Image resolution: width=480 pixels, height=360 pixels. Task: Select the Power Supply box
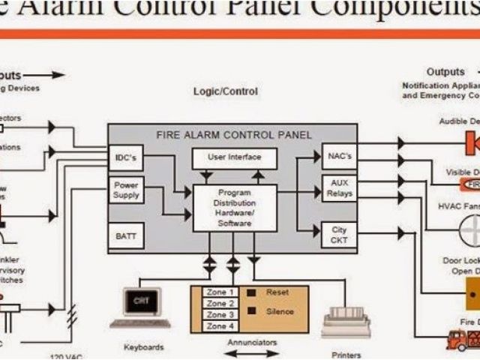click(x=127, y=190)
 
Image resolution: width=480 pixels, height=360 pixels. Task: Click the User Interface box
click(x=235, y=157)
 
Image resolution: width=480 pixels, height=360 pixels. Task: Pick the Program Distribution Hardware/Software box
click(x=235, y=208)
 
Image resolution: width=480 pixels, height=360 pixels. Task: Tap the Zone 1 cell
click(x=221, y=292)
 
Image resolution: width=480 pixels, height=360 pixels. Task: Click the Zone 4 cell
click(x=221, y=326)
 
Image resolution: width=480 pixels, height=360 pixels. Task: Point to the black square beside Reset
click(x=252, y=292)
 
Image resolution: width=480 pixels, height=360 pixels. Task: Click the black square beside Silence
click(x=252, y=310)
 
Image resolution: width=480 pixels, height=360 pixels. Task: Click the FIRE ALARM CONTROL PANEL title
click(x=233, y=135)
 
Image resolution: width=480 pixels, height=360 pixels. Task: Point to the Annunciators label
click(x=251, y=343)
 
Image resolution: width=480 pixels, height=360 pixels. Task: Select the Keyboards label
click(x=144, y=347)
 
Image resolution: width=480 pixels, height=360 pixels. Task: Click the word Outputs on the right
click(x=445, y=72)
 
